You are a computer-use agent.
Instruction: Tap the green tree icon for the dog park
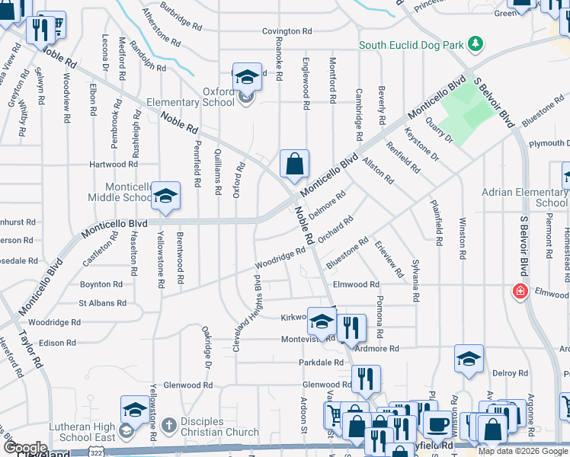[476, 43]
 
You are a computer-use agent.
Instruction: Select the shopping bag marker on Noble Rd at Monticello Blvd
[294, 164]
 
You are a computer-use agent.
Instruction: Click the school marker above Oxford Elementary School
[246, 77]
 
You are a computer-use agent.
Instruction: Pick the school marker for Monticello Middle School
[165, 197]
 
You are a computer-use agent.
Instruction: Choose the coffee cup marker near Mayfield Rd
[437, 424]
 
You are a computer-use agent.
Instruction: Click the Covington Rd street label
[287, 31]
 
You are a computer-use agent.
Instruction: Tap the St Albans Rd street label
[102, 303]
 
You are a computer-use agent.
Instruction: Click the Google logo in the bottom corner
[25, 448]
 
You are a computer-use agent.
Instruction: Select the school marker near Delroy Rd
[469, 360]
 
